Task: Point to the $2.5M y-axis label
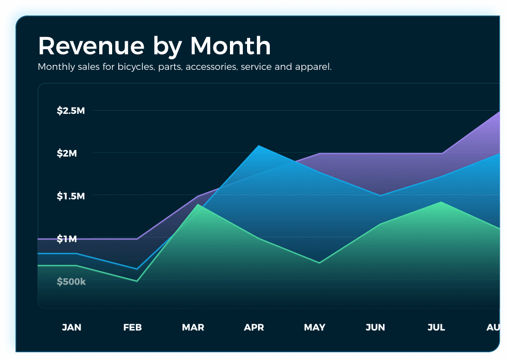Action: pyautogui.click(x=71, y=111)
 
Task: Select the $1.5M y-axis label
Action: pyautogui.click(x=71, y=196)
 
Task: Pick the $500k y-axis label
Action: pyautogui.click(x=71, y=282)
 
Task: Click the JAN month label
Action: pyautogui.click(x=71, y=327)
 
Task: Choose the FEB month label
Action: pyautogui.click(x=132, y=327)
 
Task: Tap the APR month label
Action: pyautogui.click(x=254, y=327)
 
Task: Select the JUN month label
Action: pyautogui.click(x=375, y=327)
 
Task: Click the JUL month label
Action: pyautogui.click(x=436, y=327)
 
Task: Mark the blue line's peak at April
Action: pyautogui.click(x=258, y=146)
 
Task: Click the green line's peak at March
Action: pyautogui.click(x=198, y=205)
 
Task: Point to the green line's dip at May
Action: pyautogui.click(x=319, y=263)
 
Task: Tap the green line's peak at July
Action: pyautogui.click(x=441, y=202)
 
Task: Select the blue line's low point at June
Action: pyautogui.click(x=380, y=196)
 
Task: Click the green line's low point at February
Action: pyautogui.click(x=137, y=281)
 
